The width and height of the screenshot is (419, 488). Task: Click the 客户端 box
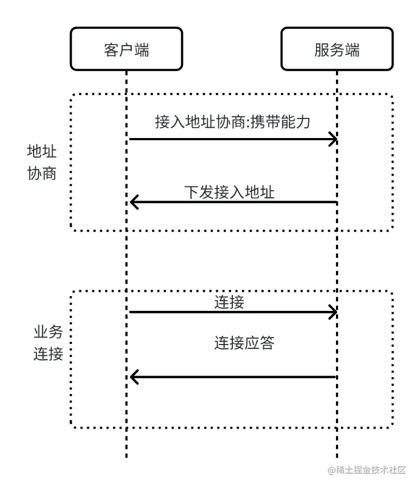126,49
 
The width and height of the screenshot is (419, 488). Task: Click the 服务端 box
337,49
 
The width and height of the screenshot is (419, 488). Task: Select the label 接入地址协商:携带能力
232,122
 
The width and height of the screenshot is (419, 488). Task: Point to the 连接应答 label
244,343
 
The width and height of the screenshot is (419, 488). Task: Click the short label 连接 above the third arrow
229,302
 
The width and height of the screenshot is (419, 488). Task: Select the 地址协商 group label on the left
42,162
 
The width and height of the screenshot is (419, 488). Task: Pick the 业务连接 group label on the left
48,343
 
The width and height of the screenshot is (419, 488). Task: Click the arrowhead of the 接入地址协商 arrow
332,139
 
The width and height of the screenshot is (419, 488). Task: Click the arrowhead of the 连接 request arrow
332,312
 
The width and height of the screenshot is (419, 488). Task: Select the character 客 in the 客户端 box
111,50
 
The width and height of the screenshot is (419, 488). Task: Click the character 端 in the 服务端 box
352,50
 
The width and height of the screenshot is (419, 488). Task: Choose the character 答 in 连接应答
267,343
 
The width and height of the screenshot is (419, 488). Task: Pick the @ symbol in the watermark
332,471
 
